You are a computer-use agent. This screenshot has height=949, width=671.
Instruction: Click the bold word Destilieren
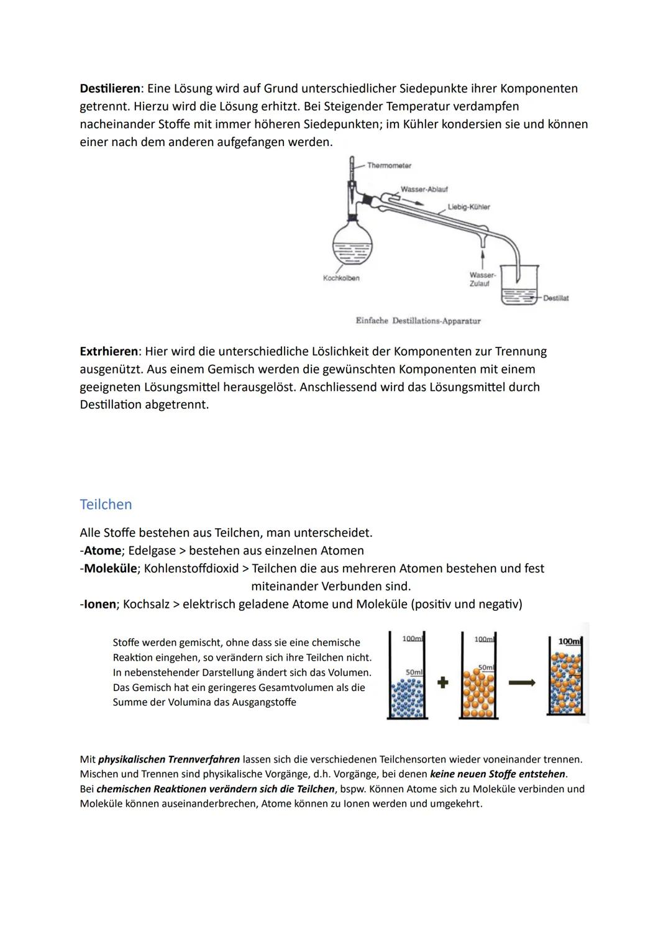point(109,88)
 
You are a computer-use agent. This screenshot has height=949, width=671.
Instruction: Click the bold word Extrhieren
point(108,351)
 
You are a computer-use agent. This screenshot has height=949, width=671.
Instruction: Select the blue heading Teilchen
point(106,504)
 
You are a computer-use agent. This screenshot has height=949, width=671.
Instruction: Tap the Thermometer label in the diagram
point(389,165)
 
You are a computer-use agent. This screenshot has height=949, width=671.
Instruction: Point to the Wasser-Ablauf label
point(424,189)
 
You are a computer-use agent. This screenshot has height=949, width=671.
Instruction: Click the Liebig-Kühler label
point(468,206)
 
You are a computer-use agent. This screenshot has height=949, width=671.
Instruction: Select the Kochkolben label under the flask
point(341,278)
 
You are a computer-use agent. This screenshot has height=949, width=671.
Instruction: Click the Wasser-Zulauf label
point(482,279)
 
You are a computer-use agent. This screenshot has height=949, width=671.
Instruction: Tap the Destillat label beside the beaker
point(555,298)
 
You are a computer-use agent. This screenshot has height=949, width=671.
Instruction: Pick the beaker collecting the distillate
point(519,286)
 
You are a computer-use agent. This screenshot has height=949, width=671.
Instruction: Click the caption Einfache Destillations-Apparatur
point(418,321)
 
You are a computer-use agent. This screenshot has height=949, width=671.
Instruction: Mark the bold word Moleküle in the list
point(110,569)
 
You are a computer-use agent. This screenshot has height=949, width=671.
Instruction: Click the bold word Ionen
point(99,604)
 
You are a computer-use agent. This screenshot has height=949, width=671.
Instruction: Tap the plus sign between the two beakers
point(442,682)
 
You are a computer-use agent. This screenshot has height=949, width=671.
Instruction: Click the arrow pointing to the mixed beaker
point(522,682)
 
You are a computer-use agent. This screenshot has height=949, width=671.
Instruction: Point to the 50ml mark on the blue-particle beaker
point(413,672)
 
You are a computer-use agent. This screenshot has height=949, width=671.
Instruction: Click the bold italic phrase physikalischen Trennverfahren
point(169,759)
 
